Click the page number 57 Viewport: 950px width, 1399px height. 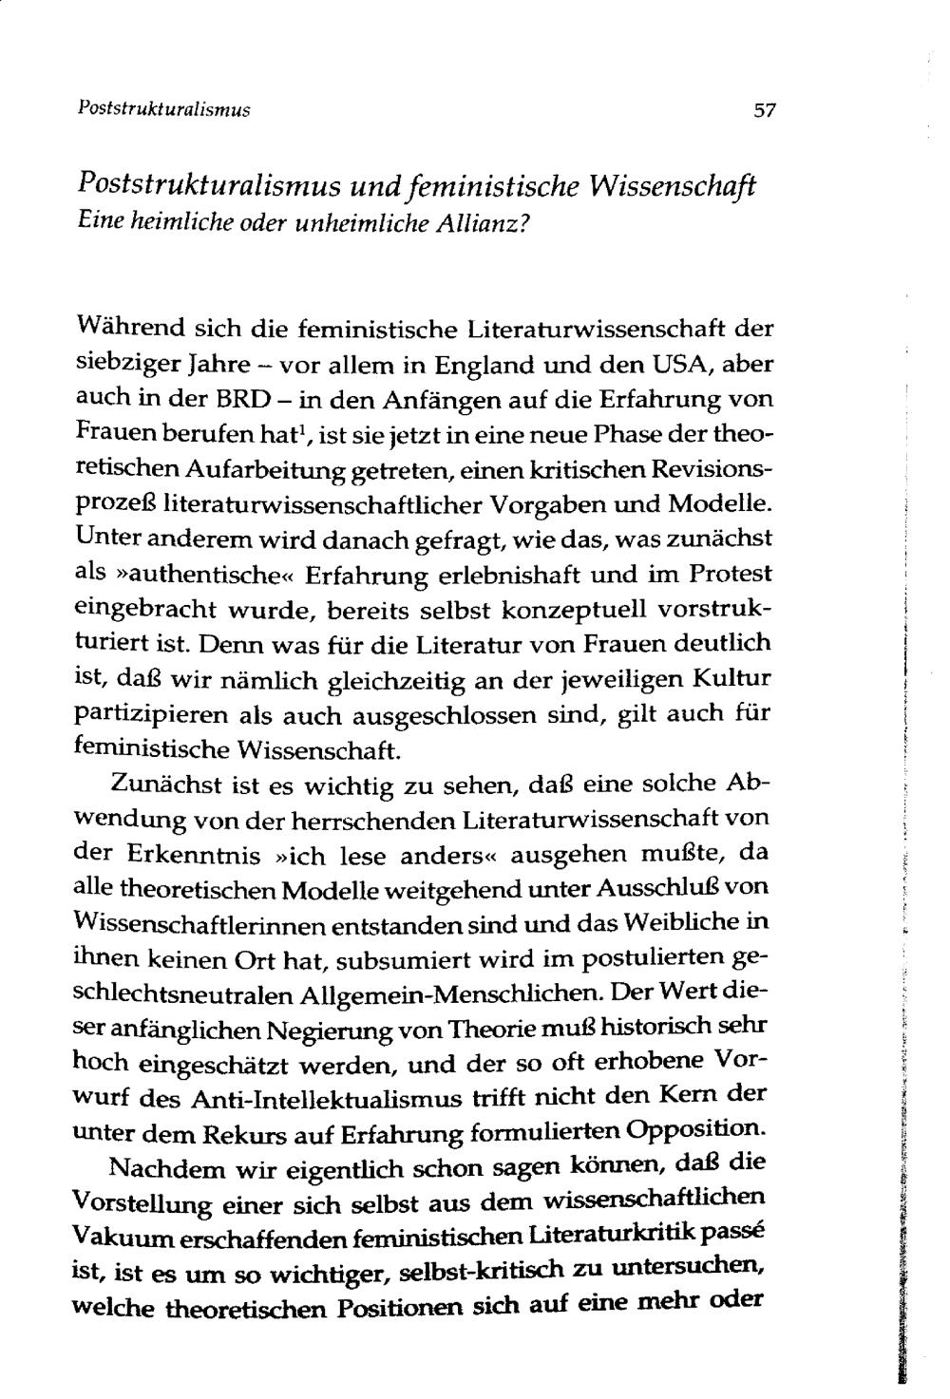click(765, 110)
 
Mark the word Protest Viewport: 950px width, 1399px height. click(730, 574)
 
